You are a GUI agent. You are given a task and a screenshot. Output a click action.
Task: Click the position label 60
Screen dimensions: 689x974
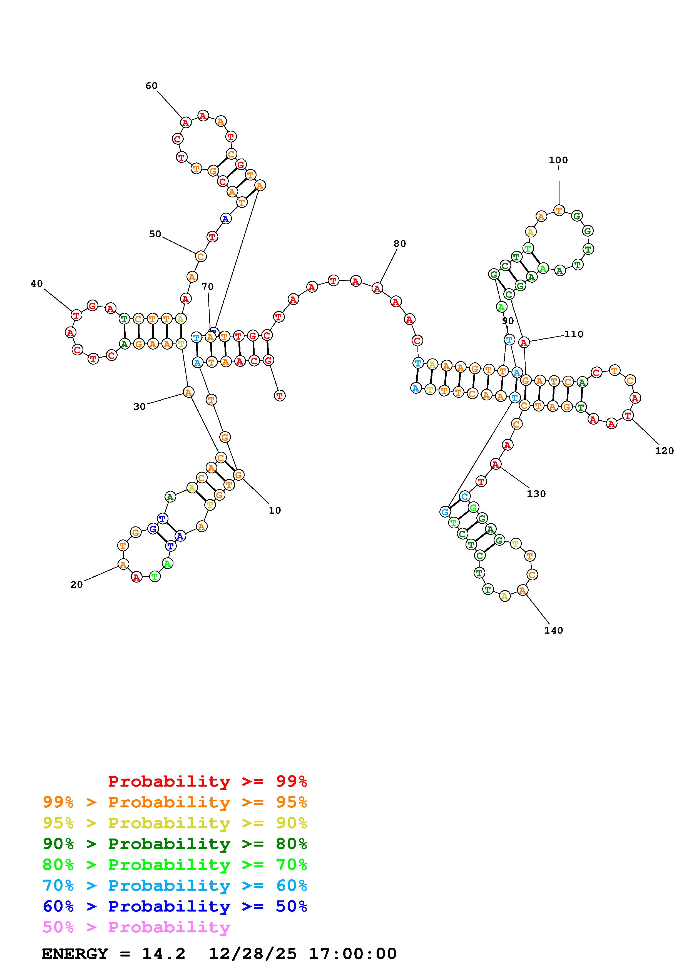151,86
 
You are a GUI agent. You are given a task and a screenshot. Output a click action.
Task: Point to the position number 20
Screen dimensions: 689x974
76,584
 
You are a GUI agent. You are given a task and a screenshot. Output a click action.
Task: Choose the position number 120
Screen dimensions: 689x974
664,451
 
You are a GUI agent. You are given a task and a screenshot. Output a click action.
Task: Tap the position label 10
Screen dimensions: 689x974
275,510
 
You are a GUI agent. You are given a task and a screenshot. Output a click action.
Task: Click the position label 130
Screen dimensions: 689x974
536,494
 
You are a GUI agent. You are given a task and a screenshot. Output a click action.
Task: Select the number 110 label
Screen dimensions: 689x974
574,334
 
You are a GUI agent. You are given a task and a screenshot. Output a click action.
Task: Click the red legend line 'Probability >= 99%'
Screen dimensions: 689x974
208,781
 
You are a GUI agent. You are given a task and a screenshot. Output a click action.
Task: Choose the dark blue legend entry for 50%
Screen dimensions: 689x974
175,907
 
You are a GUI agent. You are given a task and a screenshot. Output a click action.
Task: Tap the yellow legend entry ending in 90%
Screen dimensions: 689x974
175,823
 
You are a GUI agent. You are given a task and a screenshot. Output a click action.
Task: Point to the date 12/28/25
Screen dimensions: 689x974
253,954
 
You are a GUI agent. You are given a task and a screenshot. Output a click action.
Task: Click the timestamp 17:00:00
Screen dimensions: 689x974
352,954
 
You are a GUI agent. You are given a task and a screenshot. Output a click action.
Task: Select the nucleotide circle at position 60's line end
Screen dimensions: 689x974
185,123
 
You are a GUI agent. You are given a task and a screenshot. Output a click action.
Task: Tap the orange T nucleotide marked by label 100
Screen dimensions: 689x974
559,210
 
